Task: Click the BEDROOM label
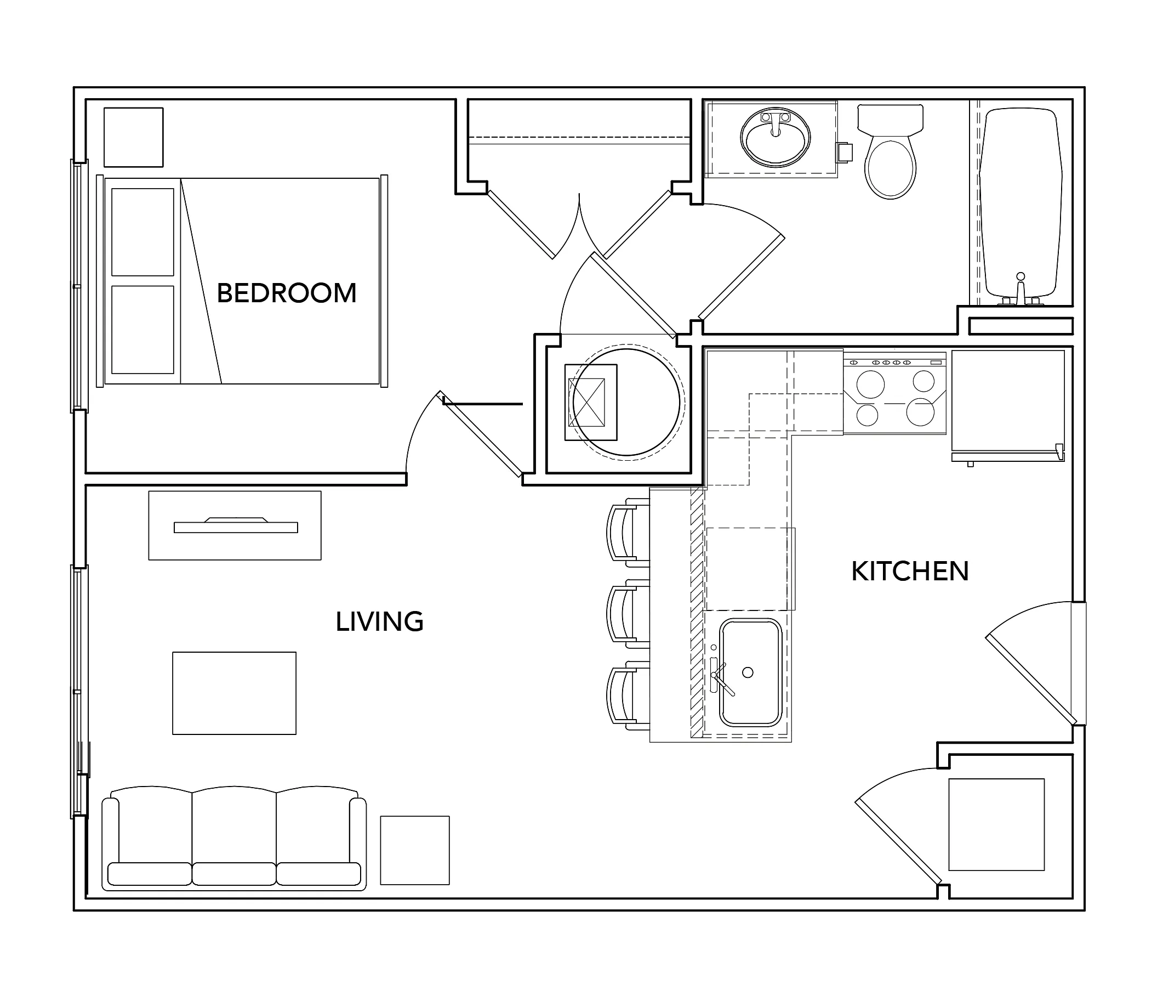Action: [x=286, y=293]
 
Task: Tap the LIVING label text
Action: [x=379, y=622]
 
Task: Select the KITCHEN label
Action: [x=910, y=572]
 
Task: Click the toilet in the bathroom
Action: [x=890, y=152]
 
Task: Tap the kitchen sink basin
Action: [x=750, y=672]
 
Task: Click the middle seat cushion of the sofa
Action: [x=234, y=874]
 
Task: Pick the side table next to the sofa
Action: [x=415, y=850]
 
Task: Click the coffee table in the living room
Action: [x=234, y=693]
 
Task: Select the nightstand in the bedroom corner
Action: [x=134, y=138]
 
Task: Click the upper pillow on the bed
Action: [x=142, y=232]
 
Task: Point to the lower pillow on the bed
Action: [x=142, y=330]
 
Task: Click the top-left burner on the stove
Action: [x=870, y=385]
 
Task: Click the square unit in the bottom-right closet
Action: [x=996, y=824]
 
